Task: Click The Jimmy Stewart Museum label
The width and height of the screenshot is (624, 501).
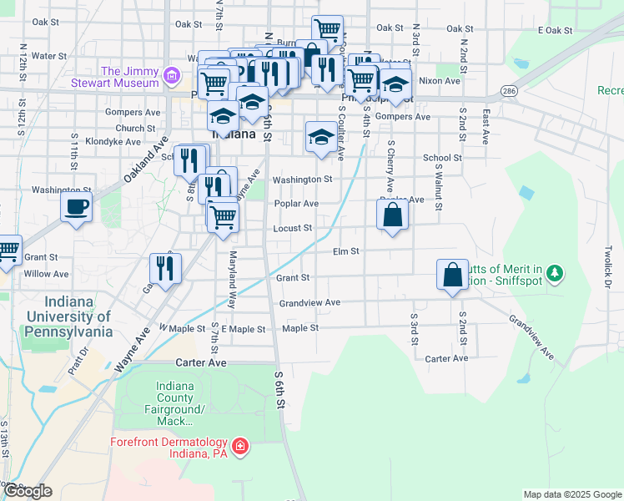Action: (x=128, y=77)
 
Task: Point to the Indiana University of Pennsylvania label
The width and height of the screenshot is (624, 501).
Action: (x=69, y=316)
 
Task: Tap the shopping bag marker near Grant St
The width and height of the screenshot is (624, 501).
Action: (x=452, y=275)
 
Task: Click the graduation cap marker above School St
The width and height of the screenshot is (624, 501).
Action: (x=320, y=136)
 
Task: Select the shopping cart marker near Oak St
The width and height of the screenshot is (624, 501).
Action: (x=328, y=30)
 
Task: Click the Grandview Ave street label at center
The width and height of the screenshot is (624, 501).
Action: (x=309, y=302)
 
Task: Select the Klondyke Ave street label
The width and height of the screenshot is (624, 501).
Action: (x=113, y=142)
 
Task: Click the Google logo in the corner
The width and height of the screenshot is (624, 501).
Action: (x=27, y=491)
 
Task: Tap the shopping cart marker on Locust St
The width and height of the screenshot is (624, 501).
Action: (x=223, y=217)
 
